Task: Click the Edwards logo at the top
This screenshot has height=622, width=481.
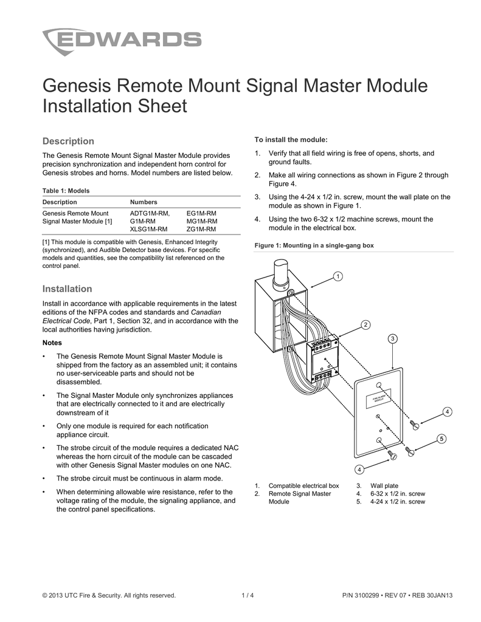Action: point(122,41)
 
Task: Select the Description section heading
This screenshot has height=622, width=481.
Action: point(68,141)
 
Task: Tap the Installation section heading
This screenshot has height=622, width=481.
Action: point(67,289)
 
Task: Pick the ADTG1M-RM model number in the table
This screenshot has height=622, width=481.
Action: point(149,213)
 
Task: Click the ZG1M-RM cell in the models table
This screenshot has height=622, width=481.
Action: point(201,229)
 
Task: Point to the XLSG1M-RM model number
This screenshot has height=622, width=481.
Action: point(149,229)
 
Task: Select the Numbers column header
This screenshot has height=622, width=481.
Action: point(144,202)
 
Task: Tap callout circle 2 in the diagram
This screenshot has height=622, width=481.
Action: point(365,324)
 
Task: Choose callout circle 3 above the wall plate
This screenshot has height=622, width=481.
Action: point(393,338)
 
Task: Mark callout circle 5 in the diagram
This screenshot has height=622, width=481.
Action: point(441,439)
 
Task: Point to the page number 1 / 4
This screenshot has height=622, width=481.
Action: point(247,595)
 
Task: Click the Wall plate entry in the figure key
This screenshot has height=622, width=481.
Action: point(385,485)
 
